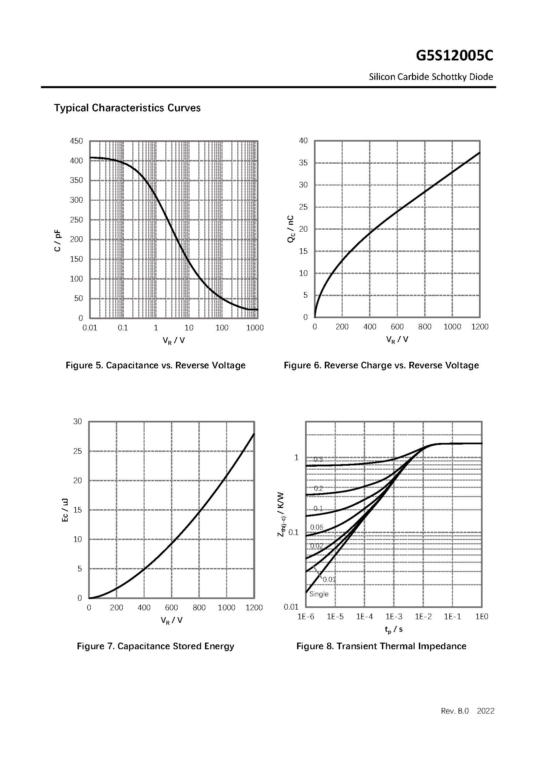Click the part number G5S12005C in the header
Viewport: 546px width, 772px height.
click(x=454, y=56)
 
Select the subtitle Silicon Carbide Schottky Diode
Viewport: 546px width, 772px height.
click(x=431, y=77)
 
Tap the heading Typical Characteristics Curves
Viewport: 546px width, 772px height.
click(x=127, y=108)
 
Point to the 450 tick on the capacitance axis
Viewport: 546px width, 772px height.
click(x=76, y=141)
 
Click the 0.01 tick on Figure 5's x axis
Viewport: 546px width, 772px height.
click(x=90, y=328)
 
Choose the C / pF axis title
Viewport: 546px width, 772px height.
click(x=58, y=240)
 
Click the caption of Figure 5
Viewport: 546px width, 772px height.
click(x=155, y=365)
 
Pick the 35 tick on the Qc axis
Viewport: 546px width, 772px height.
click(x=303, y=163)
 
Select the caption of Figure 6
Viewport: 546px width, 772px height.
click(x=381, y=365)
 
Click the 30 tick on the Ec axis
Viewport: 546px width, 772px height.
click(x=77, y=421)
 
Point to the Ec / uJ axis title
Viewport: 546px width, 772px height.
click(x=65, y=510)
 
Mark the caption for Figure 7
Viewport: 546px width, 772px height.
click(x=155, y=646)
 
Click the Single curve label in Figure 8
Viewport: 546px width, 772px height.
click(x=319, y=594)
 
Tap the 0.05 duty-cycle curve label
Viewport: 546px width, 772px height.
click(x=317, y=527)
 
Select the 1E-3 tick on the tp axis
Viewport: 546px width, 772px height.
click(x=394, y=617)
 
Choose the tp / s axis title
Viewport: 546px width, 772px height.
click(x=394, y=629)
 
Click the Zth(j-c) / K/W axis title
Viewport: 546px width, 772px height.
click(x=282, y=515)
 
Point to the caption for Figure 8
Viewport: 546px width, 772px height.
click(x=381, y=646)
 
